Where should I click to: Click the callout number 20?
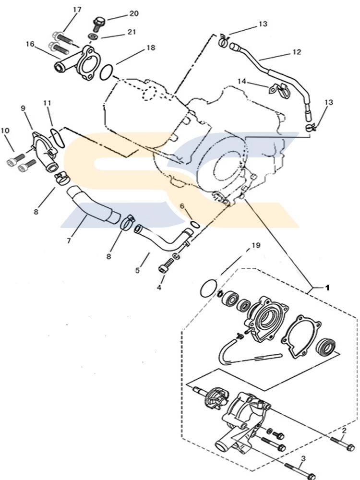coord(133,13)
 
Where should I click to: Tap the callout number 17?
coord(77,10)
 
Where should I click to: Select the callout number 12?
coord(296,52)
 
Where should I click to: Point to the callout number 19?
coord(256,245)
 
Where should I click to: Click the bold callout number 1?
coord(328,288)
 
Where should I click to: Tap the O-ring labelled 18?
coord(107,72)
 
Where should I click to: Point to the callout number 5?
coord(137,271)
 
